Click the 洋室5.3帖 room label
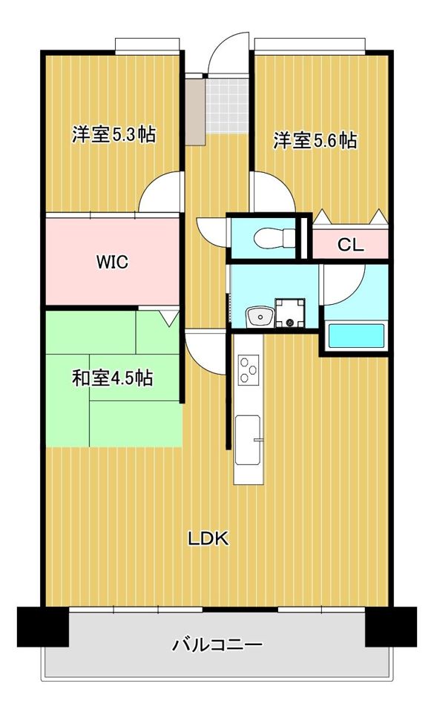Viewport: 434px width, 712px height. click(114, 134)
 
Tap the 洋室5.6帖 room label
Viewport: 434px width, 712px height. click(315, 140)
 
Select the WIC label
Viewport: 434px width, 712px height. click(112, 262)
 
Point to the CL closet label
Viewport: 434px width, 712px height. click(350, 245)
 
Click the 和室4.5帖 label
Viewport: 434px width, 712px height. click(113, 378)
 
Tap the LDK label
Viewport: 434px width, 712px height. click(208, 538)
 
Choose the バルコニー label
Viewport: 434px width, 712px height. click(217, 645)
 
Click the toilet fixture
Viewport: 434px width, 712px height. click(274, 237)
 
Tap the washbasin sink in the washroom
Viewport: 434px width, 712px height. click(259, 316)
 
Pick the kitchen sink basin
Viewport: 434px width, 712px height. click(248, 439)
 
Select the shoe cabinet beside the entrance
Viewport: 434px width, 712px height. click(196, 111)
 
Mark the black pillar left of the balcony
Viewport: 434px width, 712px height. click(43, 626)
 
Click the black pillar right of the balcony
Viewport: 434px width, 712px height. click(391, 626)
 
